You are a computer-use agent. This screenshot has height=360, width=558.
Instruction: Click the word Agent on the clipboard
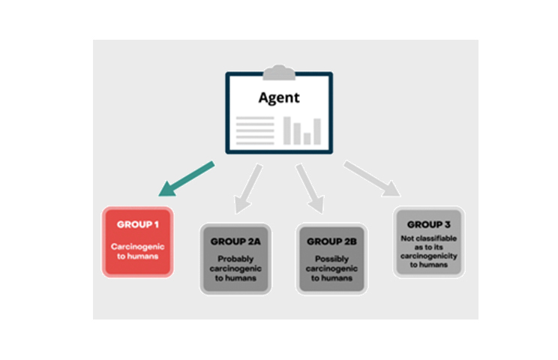pos(278,97)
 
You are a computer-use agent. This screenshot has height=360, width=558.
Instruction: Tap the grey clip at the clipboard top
pos(278,73)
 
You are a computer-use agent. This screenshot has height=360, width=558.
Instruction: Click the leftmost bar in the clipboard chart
pos(287,130)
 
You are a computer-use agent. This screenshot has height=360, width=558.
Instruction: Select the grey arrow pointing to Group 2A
pos(248,187)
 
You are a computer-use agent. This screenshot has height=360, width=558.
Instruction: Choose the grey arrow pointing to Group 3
pos(371,180)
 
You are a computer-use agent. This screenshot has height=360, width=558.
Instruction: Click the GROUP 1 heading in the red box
pos(138,224)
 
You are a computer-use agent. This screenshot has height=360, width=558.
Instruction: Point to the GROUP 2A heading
pos(235,242)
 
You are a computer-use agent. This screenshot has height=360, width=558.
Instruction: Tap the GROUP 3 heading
pos(427,224)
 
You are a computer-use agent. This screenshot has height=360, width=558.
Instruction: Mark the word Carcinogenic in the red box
pos(137,245)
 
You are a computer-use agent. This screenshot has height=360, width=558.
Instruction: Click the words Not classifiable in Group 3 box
pos(427,238)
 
